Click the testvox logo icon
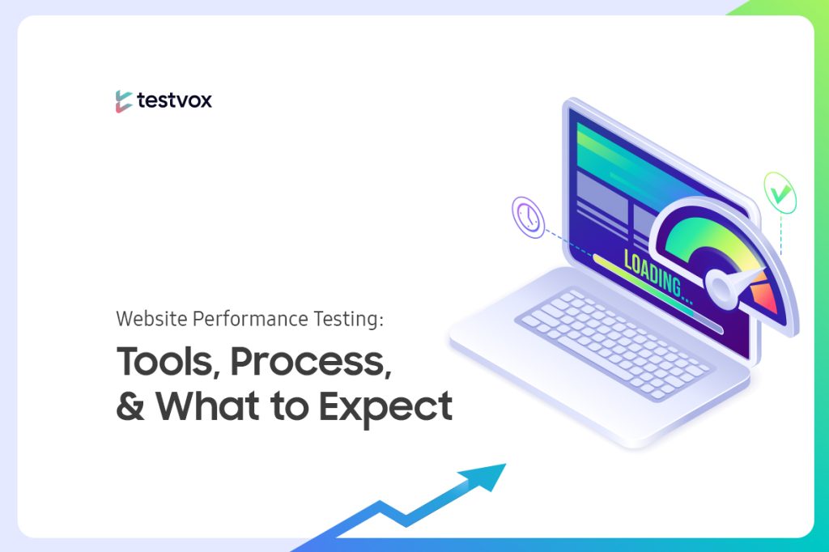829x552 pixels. tap(124, 101)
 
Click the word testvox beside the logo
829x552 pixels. tap(175, 100)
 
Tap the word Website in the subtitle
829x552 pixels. tap(151, 319)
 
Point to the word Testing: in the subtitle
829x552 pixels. tap(348, 320)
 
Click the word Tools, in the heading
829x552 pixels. tap(168, 362)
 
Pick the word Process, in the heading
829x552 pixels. tap(311, 362)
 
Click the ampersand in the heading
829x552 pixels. tap(130, 406)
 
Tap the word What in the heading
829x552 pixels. tap(208, 406)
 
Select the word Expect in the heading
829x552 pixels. tap(385, 407)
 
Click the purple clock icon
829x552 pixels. tap(528, 217)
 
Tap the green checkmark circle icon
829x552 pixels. tap(780, 193)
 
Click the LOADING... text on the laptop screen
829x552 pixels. tap(658, 278)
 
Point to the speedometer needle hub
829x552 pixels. tap(720, 287)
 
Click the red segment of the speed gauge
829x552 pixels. tap(765, 298)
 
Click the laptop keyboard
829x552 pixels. tap(614, 343)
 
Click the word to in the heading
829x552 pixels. tap(289, 406)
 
